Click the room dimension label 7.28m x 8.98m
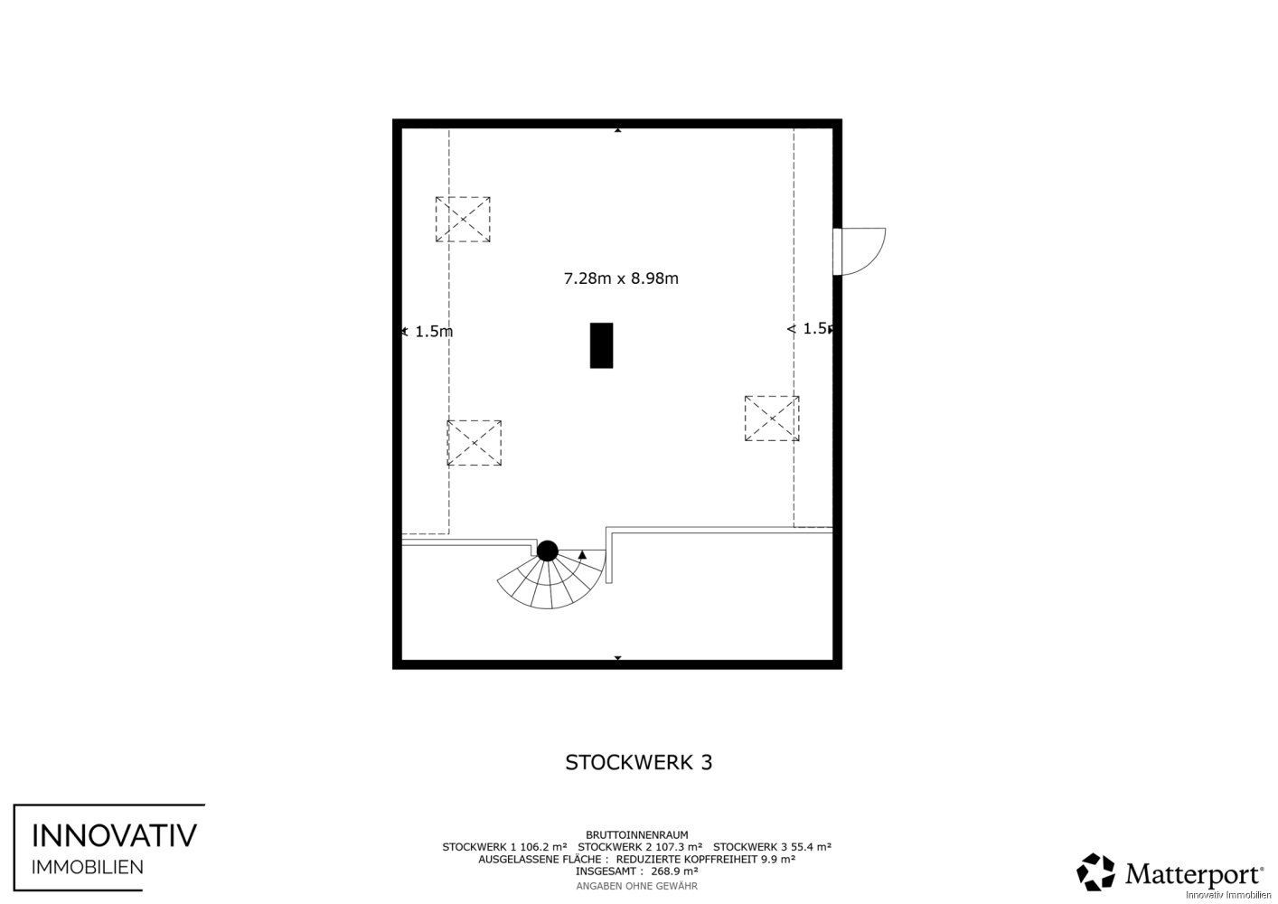click(621, 278)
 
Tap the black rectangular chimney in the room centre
click(601, 345)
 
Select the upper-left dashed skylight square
click(463, 219)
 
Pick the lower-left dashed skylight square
click(475, 443)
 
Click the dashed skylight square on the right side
click(772, 419)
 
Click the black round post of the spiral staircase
click(547, 551)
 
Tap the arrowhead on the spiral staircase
click(582, 554)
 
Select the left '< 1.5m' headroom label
click(428, 331)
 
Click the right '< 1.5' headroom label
click(809, 328)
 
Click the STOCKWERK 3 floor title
click(638, 762)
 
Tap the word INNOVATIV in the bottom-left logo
click(114, 835)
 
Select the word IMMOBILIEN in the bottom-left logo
click(88, 868)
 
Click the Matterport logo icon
click(1095, 872)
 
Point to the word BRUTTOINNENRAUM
click(636, 835)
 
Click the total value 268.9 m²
click(674, 871)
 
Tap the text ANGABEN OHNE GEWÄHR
click(636, 886)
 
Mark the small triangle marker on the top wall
click(617, 130)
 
